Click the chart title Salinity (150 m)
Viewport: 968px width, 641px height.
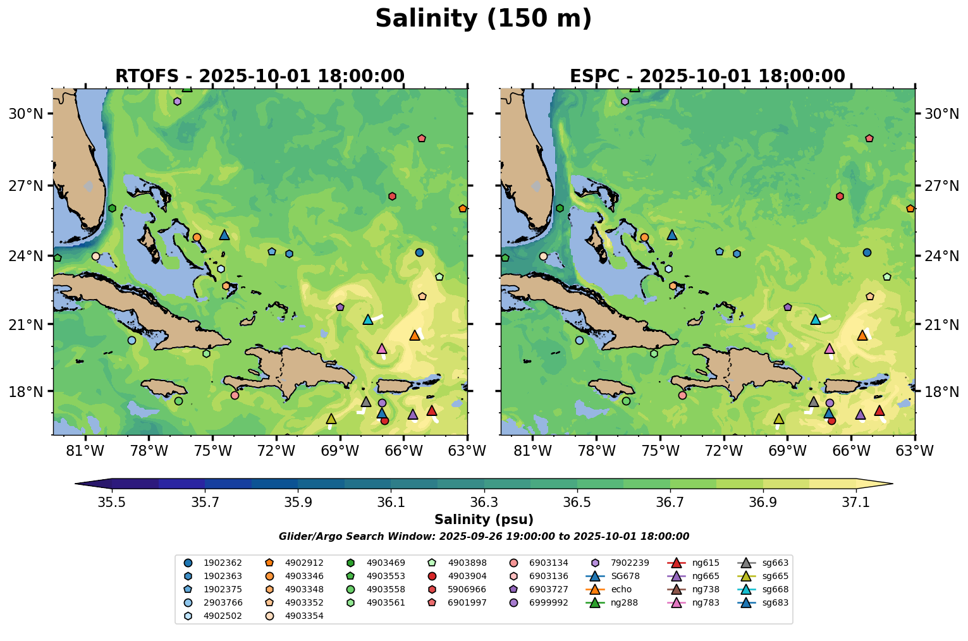coord(483,19)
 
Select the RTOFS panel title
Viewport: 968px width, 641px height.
coord(259,76)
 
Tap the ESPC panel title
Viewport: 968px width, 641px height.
coord(707,76)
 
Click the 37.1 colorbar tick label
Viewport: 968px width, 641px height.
coord(856,503)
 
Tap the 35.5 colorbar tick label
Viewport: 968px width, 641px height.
coord(112,503)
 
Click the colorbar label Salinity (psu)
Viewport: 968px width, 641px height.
coord(484,520)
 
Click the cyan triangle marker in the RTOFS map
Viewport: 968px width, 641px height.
coord(368,320)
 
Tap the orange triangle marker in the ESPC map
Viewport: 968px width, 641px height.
coord(862,336)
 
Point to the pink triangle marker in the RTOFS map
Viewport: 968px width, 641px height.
coord(381,349)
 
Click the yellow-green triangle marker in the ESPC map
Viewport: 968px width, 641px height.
coord(779,419)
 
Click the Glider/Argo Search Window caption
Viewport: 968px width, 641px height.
coord(484,537)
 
